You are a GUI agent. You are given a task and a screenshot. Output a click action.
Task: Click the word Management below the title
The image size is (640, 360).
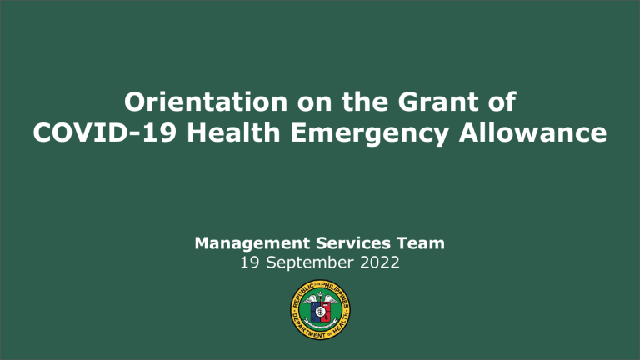tap(244, 243)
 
